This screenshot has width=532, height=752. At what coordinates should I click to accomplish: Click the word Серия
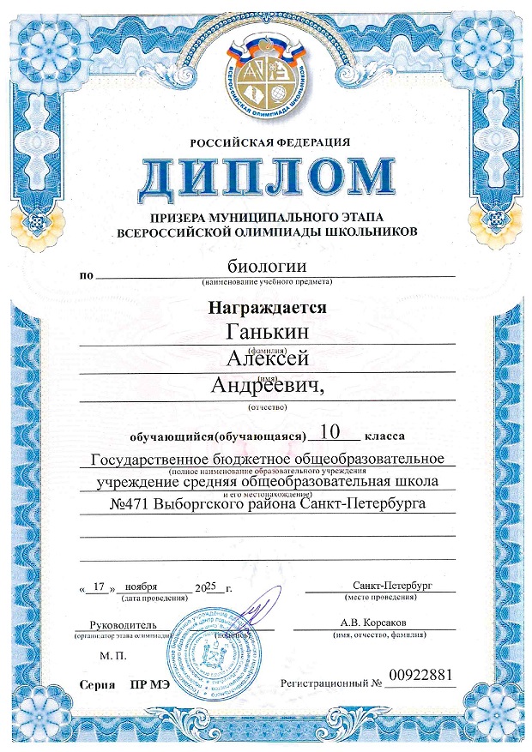coord(95,686)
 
